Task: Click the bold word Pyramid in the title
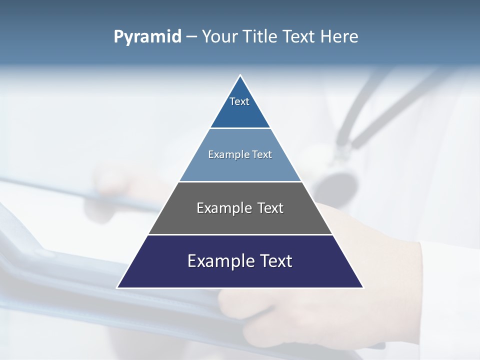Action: (147, 36)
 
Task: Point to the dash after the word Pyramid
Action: (191, 37)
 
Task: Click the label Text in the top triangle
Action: (239, 101)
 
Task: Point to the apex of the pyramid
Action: (240, 76)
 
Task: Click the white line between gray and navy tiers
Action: (240, 234)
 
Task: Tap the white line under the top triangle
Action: (240, 128)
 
